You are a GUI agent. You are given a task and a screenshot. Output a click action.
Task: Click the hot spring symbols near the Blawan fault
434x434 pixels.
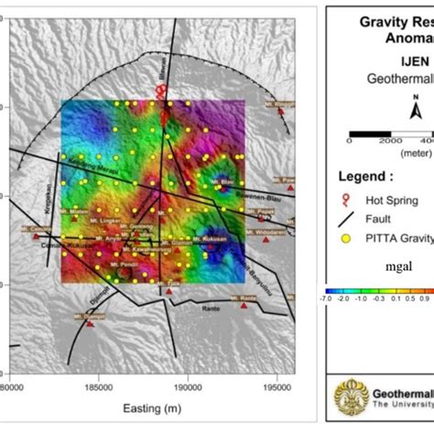pos(162,92)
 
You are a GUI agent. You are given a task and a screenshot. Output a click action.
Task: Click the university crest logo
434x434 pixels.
pos(352,398)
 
